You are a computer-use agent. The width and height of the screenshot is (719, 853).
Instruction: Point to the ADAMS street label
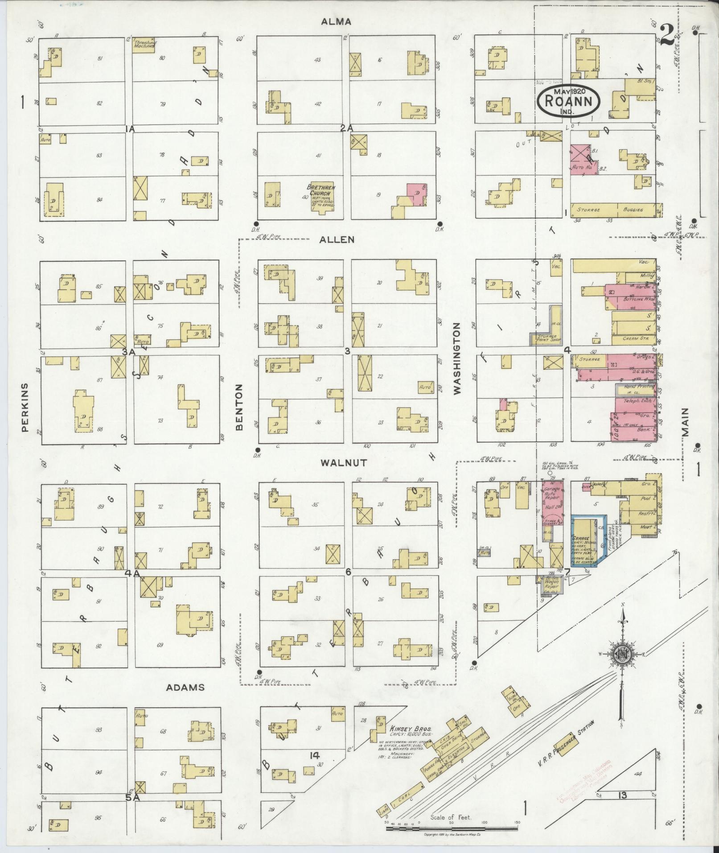click(185, 687)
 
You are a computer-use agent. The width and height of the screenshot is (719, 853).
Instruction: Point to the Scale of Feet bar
click(452, 828)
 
